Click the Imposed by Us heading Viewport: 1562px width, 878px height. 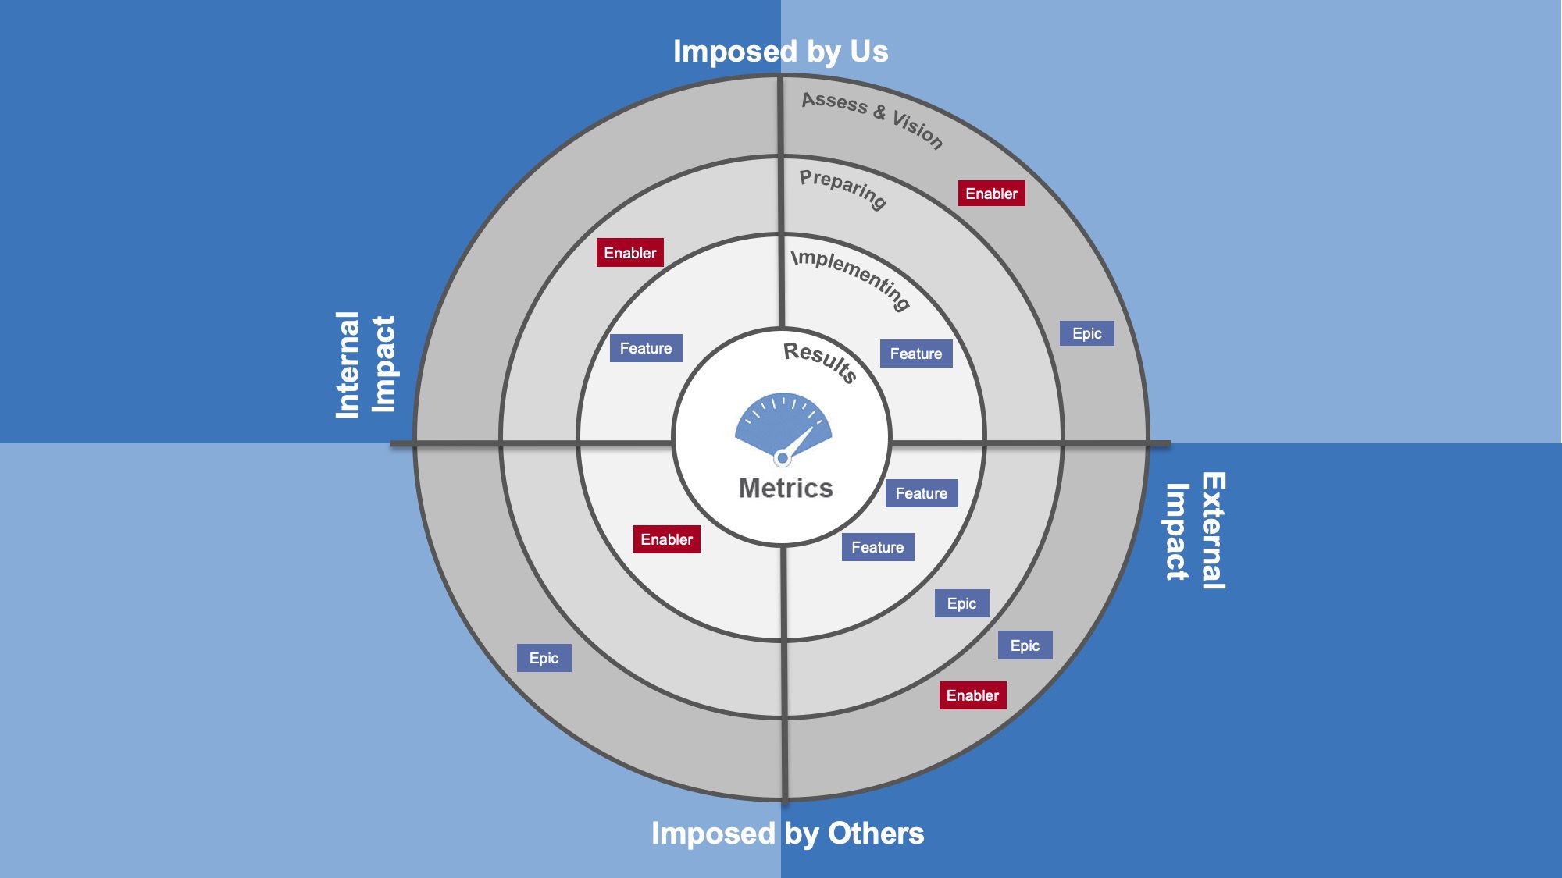tap(780, 52)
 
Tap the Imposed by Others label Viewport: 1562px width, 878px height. tap(787, 834)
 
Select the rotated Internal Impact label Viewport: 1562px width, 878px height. tap(365, 364)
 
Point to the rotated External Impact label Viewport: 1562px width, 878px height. tap(1195, 531)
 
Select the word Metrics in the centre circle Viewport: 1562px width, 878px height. tap(786, 489)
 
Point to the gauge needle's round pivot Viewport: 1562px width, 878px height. tap(783, 458)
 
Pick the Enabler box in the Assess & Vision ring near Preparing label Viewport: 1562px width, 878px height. tap(991, 194)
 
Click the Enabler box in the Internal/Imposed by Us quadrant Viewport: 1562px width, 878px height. tap(629, 253)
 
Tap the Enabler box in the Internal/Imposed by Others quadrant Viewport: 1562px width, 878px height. tap(666, 539)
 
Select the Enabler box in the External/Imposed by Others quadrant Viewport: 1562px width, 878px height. tap(972, 695)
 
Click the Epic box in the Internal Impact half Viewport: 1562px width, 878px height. tap(544, 658)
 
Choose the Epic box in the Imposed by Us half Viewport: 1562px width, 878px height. tap(1086, 333)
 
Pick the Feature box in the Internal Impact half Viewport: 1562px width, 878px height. tap(645, 348)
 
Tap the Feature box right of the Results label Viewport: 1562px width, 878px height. tap(915, 354)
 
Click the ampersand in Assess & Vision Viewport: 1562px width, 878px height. tap(879, 112)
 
